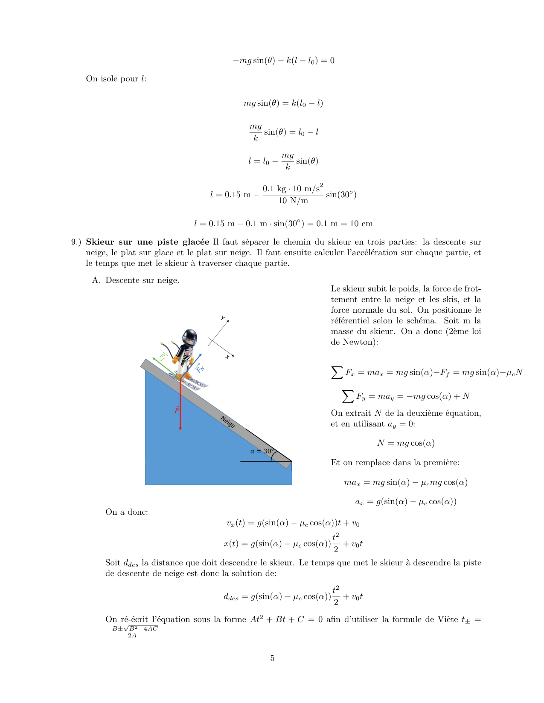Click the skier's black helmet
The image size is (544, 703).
pyautogui.click(x=189, y=337)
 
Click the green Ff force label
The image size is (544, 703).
pyautogui.click(x=163, y=356)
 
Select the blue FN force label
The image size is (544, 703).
pyautogui.click(x=200, y=368)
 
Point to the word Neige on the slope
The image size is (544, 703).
pyautogui.click(x=227, y=422)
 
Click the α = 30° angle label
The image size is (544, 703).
pyautogui.click(x=261, y=451)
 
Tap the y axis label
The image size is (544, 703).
pyautogui.click(x=223, y=318)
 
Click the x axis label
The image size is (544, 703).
pyautogui.click(x=227, y=357)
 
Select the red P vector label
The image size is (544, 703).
pyautogui.click(x=176, y=410)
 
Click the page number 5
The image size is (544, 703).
pyautogui.click(x=272, y=658)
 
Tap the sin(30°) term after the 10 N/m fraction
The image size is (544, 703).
pyautogui.click(x=341, y=195)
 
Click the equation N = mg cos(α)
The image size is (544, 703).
pyautogui.click(x=406, y=443)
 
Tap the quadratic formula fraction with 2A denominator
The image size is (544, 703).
pyautogui.click(x=132, y=632)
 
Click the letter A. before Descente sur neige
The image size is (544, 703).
pyautogui.click(x=96, y=280)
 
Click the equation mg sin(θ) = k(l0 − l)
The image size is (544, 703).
pyautogui.click(x=283, y=103)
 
